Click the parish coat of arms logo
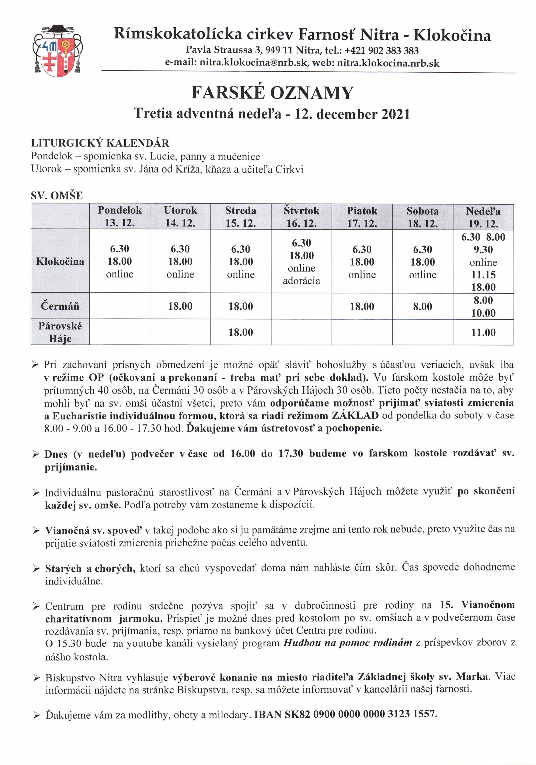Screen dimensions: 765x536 pyautogui.click(x=57, y=51)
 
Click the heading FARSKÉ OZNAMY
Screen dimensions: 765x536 pyautogui.click(x=272, y=93)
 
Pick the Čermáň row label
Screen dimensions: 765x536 pyautogui.click(x=60, y=306)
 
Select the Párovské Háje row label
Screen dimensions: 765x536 pyautogui.click(x=60, y=332)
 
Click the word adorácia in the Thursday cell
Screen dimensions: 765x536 pyautogui.click(x=301, y=281)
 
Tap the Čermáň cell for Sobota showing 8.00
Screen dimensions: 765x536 pyautogui.click(x=422, y=306)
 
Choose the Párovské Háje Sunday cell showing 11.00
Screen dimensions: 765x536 pyautogui.click(x=483, y=332)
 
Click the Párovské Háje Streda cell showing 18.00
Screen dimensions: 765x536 pyautogui.click(x=241, y=332)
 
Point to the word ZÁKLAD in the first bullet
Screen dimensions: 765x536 pyautogui.click(x=355, y=416)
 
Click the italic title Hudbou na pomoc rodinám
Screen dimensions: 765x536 pyautogui.click(x=348, y=643)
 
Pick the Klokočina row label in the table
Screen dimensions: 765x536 pyautogui.click(x=60, y=261)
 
